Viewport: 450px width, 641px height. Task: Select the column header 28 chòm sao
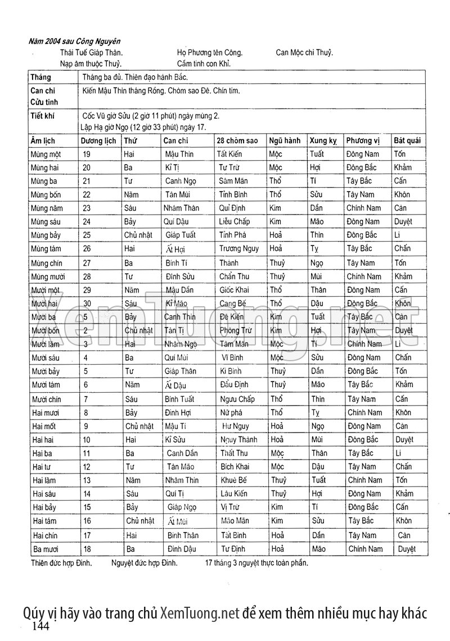pyautogui.click(x=237, y=140)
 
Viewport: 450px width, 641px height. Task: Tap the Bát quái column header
pyautogui.click(x=409, y=140)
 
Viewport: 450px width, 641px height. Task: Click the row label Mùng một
pyautogui.click(x=46, y=154)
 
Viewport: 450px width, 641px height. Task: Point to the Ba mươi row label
pyautogui.click(x=46, y=549)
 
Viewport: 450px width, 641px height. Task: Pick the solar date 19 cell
pyautogui.click(x=87, y=154)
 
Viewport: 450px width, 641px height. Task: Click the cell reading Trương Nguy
pyautogui.click(x=239, y=249)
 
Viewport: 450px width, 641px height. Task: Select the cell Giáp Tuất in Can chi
pyautogui.click(x=180, y=235)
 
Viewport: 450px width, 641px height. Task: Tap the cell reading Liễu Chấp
pyautogui.click(x=234, y=222)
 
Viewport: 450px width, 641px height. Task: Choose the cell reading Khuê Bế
pyautogui.click(x=234, y=480)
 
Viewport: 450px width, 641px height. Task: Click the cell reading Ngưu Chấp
pyautogui.click(x=238, y=399)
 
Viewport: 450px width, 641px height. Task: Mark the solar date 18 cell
pyautogui.click(x=87, y=549)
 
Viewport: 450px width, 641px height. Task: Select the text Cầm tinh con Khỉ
pyautogui.click(x=204, y=63)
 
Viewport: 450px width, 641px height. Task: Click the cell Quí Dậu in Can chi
pyautogui.click(x=179, y=222)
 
